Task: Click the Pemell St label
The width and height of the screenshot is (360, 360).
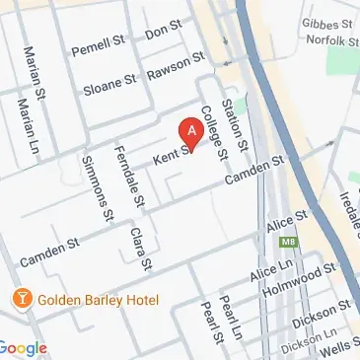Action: tap(95, 48)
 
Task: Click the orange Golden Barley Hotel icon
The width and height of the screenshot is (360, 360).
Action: tap(18, 298)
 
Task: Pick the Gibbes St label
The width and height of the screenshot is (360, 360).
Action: tap(331, 24)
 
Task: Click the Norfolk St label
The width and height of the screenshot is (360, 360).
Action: tap(329, 41)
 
